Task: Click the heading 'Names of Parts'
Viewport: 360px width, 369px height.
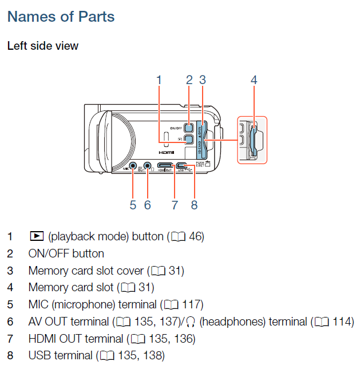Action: coord(61,17)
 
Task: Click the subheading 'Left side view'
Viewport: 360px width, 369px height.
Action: coord(43,46)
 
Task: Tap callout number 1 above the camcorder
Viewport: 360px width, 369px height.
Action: coord(159,80)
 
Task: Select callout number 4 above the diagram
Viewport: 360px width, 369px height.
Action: coord(254,80)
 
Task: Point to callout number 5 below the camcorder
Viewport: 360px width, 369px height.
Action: coord(133,204)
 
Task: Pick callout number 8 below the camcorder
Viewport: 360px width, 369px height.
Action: coord(195,204)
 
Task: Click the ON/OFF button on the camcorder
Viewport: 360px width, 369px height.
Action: coord(189,128)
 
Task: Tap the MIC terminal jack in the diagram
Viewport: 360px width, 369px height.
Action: coord(133,166)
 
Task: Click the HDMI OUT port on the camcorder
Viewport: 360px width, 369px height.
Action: coord(165,166)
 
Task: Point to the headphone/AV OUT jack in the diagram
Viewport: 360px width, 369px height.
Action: coord(148,166)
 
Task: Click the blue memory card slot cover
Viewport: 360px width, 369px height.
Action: coord(200,138)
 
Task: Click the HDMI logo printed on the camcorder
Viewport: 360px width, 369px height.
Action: coord(166,153)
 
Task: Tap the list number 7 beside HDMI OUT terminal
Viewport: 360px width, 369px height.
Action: coord(10,339)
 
